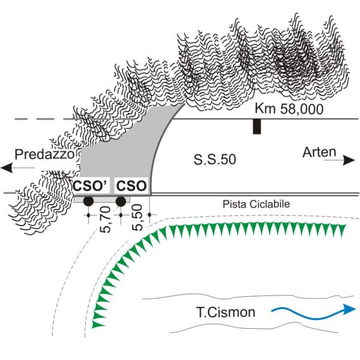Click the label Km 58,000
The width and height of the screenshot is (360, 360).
click(x=289, y=109)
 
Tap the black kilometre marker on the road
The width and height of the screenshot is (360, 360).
click(x=257, y=127)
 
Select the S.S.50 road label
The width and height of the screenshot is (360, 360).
click(x=215, y=160)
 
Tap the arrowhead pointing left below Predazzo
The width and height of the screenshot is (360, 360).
click(x=7, y=169)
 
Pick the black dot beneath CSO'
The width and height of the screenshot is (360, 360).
click(x=88, y=201)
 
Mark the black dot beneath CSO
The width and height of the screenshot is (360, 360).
click(x=121, y=201)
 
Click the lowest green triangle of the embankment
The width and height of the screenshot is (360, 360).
click(x=97, y=324)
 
